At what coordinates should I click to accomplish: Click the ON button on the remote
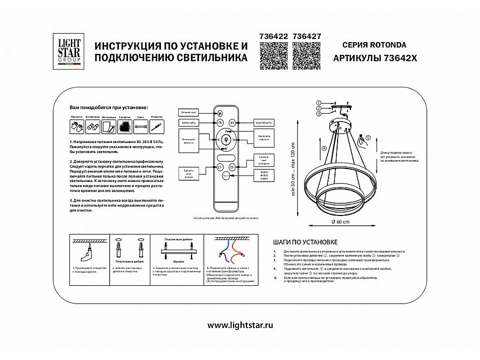(x=220, y=122)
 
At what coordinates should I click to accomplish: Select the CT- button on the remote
(x=220, y=167)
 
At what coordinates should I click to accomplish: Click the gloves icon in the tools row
(x=75, y=127)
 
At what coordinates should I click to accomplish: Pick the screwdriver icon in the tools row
(x=156, y=127)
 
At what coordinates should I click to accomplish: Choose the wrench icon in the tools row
(x=141, y=127)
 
